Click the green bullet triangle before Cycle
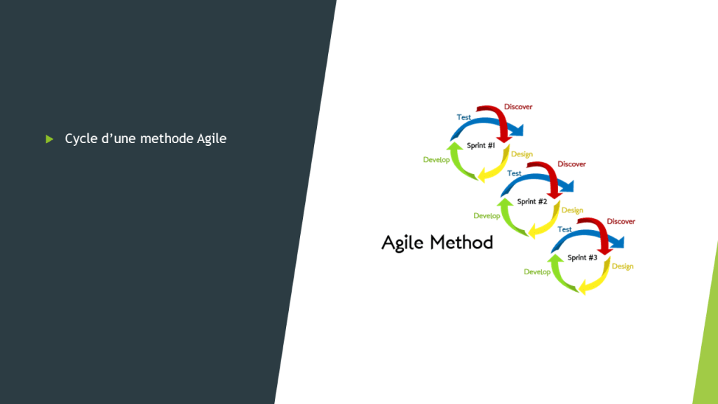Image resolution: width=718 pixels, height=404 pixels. (50, 139)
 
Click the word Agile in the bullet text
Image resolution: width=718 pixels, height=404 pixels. (212, 139)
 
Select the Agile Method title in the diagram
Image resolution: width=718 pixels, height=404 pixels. (438, 243)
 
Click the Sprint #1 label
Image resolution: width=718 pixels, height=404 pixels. (481, 146)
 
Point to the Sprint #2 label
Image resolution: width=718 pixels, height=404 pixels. (532, 201)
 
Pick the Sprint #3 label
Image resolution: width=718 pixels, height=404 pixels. (583, 257)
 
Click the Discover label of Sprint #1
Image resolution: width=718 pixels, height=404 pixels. (518, 107)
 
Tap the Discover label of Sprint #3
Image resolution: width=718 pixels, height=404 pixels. (621, 221)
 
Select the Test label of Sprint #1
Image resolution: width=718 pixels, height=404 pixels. (464, 117)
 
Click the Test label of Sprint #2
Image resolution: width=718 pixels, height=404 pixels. (514, 174)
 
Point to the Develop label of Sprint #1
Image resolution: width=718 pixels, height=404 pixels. (436, 160)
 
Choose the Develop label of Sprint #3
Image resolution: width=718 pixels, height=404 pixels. (537, 272)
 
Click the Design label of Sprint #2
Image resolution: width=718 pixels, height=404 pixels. (572, 210)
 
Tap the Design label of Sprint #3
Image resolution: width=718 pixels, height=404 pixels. (623, 266)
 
